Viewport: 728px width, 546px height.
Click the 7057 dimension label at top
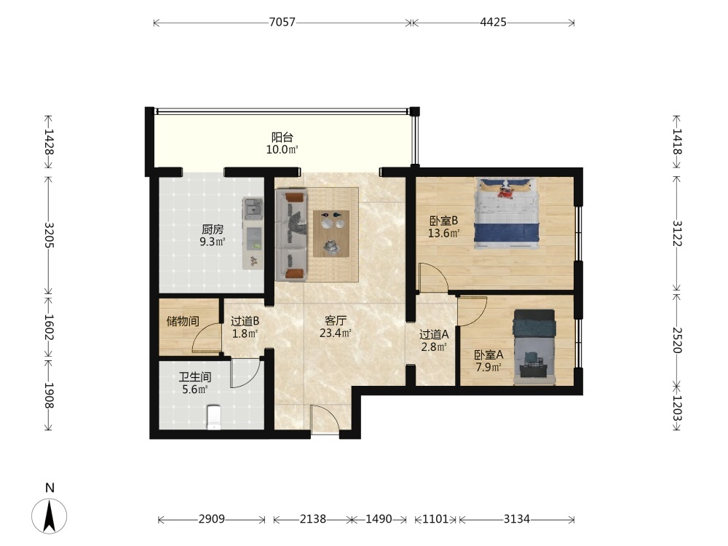coord(282,22)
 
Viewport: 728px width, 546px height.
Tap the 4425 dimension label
coord(493,22)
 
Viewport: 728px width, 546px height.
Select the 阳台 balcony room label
coord(282,138)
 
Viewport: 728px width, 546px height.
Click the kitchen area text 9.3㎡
coord(213,242)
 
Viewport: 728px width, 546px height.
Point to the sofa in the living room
coord(291,234)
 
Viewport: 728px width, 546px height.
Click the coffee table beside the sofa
coord(331,234)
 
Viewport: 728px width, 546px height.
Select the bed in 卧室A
coord(534,347)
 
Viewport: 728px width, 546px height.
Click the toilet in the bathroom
coord(213,417)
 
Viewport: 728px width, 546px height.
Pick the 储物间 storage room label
coord(183,321)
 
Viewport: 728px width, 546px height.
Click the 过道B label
coord(245,321)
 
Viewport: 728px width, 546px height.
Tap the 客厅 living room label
coord(336,320)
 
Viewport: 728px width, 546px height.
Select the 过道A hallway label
coord(434,334)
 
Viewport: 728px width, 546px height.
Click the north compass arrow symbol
coord(50,515)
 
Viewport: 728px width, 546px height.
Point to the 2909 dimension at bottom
coord(212,519)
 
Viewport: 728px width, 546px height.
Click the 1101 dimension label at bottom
coord(435,519)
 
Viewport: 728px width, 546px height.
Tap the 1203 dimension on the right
coord(677,408)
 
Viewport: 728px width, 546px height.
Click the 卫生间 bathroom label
coord(195,377)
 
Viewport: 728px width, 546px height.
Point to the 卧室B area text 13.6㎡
coord(444,233)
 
